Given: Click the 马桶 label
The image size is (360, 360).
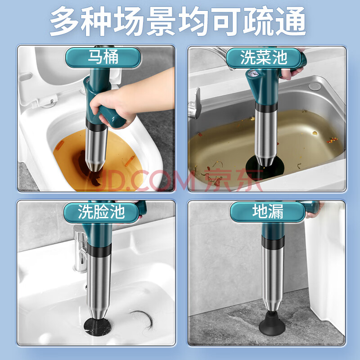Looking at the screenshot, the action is [x=103, y=57].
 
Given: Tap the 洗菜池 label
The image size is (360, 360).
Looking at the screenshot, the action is [x=264, y=58].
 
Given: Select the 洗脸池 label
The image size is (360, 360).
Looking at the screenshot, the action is [x=101, y=212].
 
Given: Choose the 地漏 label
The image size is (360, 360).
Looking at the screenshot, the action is [x=268, y=211].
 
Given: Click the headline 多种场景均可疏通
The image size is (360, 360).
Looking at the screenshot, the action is [x=178, y=21].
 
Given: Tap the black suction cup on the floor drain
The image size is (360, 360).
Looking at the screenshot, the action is [x=272, y=323].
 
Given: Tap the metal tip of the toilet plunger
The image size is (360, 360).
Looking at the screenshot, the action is [x=95, y=166].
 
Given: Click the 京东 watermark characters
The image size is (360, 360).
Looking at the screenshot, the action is [x=233, y=180].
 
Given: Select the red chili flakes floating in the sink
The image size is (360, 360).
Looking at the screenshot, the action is [x=332, y=140].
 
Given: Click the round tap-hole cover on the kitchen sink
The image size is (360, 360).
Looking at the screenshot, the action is [x=314, y=86].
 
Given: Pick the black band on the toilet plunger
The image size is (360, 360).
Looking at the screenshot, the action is [x=96, y=126].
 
